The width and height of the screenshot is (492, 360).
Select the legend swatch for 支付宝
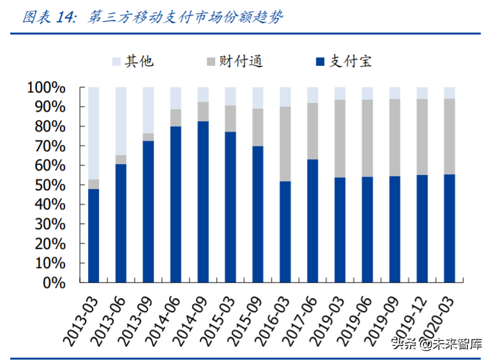(x=320, y=62)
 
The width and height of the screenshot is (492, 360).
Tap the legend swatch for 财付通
(x=211, y=62)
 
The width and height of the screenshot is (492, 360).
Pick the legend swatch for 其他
(x=116, y=62)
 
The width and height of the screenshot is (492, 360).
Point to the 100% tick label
(x=46, y=87)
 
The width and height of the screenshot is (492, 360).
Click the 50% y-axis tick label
(x=50, y=185)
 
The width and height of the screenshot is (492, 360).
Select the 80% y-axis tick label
(x=50, y=126)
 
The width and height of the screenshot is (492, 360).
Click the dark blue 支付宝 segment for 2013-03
(x=94, y=235)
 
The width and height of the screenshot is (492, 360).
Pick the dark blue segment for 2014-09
(x=203, y=201)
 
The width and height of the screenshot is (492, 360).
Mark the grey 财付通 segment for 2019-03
(x=340, y=139)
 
